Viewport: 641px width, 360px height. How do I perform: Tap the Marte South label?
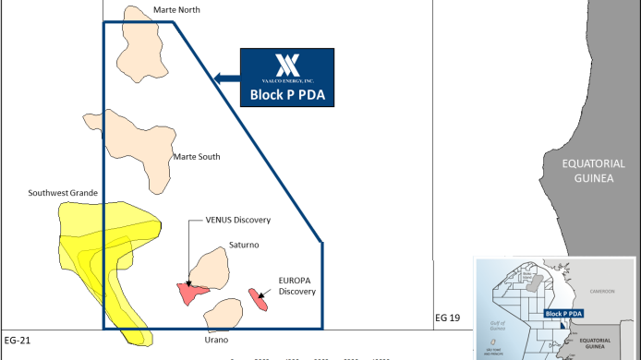pos(197,157)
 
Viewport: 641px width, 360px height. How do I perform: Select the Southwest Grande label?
pos(63,193)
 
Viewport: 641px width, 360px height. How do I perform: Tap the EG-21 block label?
pos(18,342)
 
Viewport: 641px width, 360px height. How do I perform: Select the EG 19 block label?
pos(448,318)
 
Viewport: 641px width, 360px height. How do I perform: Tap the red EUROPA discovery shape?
pos(258,299)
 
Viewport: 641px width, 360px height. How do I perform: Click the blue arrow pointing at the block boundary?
pos(224,78)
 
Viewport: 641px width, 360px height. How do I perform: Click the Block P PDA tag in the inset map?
pos(563,314)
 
